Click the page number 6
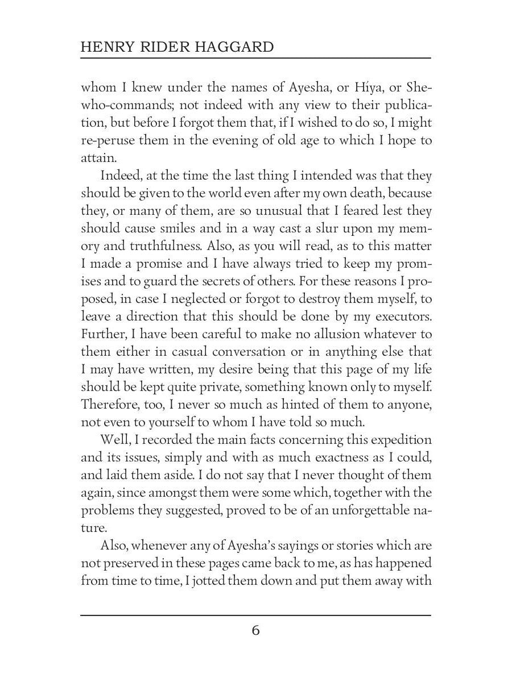coord(255,630)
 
